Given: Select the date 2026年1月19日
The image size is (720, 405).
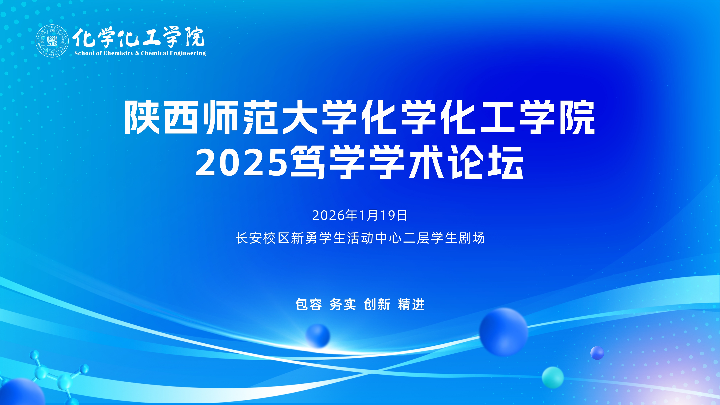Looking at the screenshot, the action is tap(360, 215).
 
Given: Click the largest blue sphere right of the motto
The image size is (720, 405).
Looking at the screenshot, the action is tap(504, 332).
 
